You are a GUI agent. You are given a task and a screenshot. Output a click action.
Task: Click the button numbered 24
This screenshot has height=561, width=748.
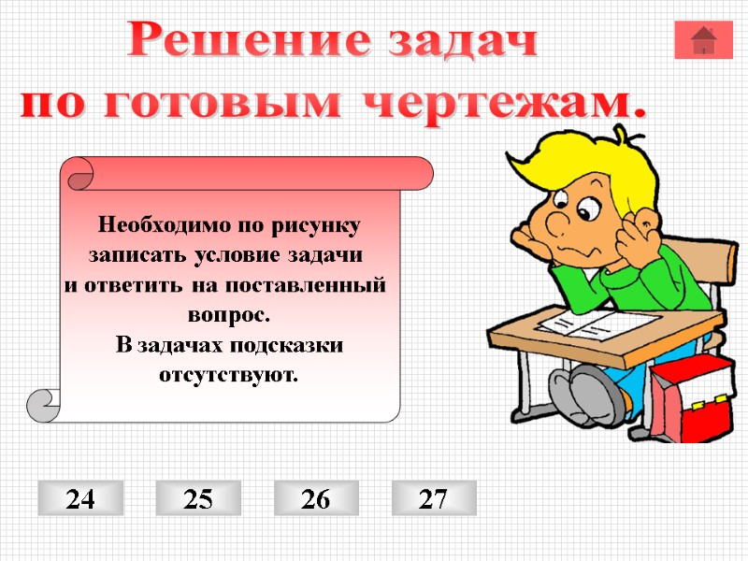click(x=80, y=498)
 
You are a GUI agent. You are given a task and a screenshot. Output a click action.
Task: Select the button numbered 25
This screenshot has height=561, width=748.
click(x=198, y=498)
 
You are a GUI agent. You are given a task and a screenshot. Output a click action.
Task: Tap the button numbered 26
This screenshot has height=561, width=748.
click(x=316, y=498)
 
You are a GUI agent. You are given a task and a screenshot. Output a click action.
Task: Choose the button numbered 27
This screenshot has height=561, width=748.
click(x=434, y=498)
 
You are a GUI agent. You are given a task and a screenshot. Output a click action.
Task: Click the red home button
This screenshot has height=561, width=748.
click(x=703, y=39)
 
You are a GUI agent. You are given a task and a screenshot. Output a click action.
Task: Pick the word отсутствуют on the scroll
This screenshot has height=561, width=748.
click(x=229, y=374)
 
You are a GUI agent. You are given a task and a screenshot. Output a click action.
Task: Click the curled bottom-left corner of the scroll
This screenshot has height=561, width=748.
click(x=43, y=405)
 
